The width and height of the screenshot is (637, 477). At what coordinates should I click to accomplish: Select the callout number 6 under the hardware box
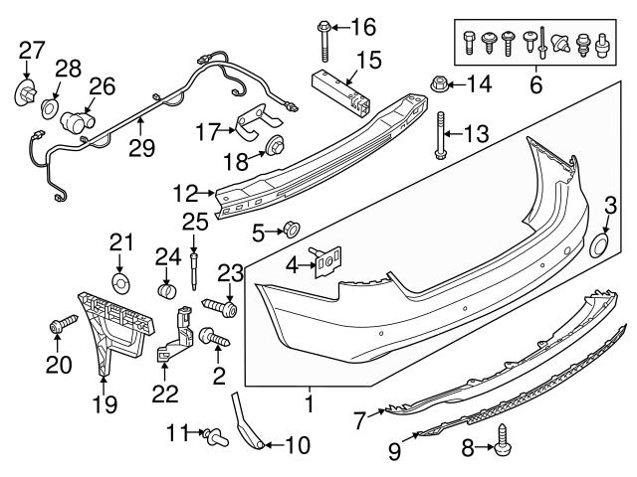coord(535,86)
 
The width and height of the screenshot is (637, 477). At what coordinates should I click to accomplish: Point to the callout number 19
coord(105,404)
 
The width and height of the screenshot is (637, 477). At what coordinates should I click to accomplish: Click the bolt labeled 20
coord(59,324)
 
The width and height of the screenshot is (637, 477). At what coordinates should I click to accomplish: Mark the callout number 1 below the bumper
coord(310,404)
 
